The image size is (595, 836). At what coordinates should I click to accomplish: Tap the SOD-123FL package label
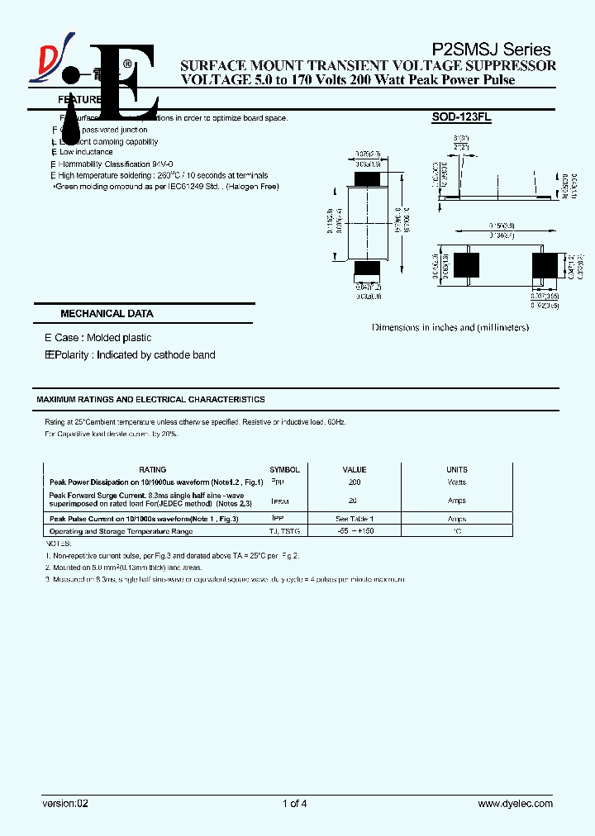point(461,118)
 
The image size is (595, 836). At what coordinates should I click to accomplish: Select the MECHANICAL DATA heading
point(107,314)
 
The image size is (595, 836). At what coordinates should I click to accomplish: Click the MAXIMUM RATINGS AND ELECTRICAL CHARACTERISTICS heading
point(150,400)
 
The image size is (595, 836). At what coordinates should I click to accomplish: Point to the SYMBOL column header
point(285,469)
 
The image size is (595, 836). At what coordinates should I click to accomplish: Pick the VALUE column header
point(355,469)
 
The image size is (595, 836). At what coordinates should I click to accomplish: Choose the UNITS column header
point(457,469)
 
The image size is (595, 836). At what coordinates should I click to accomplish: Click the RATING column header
point(153,469)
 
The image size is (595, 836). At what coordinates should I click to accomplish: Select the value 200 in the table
point(355,482)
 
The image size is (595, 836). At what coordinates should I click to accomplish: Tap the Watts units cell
point(457,482)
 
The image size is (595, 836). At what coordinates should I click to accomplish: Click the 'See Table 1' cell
point(355,519)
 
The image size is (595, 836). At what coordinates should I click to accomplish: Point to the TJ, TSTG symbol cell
point(285,531)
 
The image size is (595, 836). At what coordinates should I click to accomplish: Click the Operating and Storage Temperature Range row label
point(121,531)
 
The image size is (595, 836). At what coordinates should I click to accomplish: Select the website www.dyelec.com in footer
point(516,803)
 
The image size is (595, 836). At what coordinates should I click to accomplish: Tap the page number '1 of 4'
point(295,803)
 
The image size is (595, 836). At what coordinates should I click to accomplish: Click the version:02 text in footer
point(64,803)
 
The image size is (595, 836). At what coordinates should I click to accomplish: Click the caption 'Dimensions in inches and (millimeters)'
point(450,328)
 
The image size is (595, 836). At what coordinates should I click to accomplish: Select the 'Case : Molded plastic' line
point(102,338)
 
